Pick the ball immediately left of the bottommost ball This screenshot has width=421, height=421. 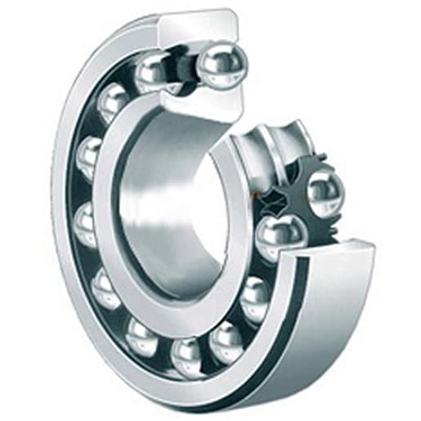coord(143,336)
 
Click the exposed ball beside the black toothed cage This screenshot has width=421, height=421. coord(325,193)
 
